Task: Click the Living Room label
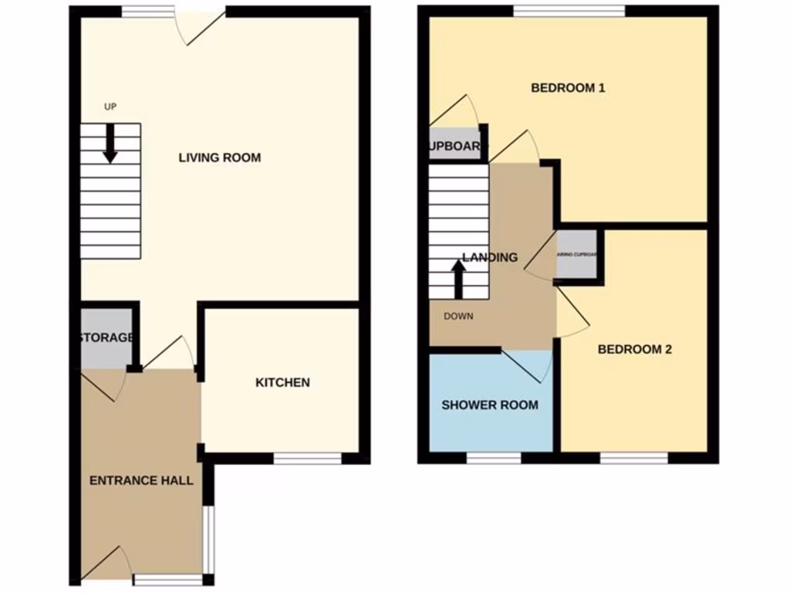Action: [x=220, y=158]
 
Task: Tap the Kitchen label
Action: [x=282, y=382]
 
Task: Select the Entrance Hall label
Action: [x=141, y=480]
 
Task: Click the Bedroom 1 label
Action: [x=568, y=88]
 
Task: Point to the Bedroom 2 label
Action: [x=635, y=349]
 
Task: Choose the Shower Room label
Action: [x=490, y=405]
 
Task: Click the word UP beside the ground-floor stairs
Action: [x=110, y=107]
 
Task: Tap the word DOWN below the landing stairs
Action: [x=459, y=316]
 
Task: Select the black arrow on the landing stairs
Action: [x=458, y=280]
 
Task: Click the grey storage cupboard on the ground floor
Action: [x=106, y=338]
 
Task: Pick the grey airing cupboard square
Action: [x=576, y=254]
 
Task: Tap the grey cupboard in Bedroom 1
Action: [x=455, y=145]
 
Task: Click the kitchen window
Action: [x=308, y=458]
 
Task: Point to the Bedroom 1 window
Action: [x=569, y=11]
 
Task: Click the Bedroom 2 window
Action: [x=634, y=458]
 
